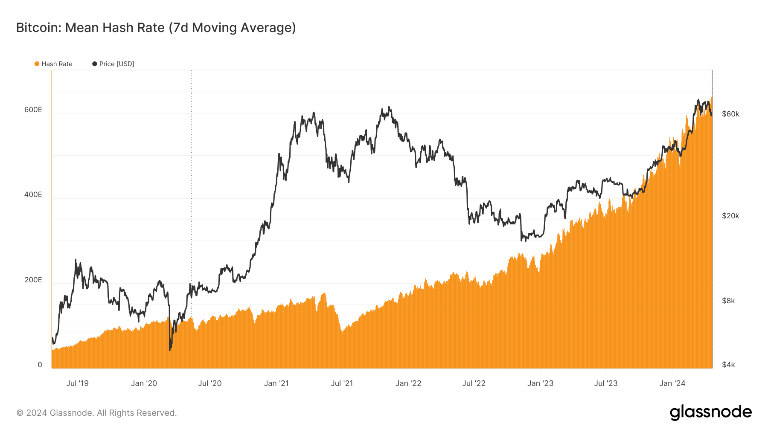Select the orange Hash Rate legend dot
pos(37,64)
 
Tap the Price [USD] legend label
pos(116,64)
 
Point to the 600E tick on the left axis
pos(33,110)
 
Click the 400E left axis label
pos(33,194)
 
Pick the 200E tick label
pos(33,280)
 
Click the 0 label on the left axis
pos(40,365)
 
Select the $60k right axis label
pos(730,114)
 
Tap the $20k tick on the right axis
pos(730,216)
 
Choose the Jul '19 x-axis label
pos(77,383)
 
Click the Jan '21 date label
pos(276,383)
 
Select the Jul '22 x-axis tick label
pos(474,383)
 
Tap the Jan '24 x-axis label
pos(672,383)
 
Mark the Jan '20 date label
pos(144,383)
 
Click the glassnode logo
pos(710,412)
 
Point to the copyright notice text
pos(96,413)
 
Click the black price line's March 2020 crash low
pos(170,349)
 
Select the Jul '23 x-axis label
pos(605,383)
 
